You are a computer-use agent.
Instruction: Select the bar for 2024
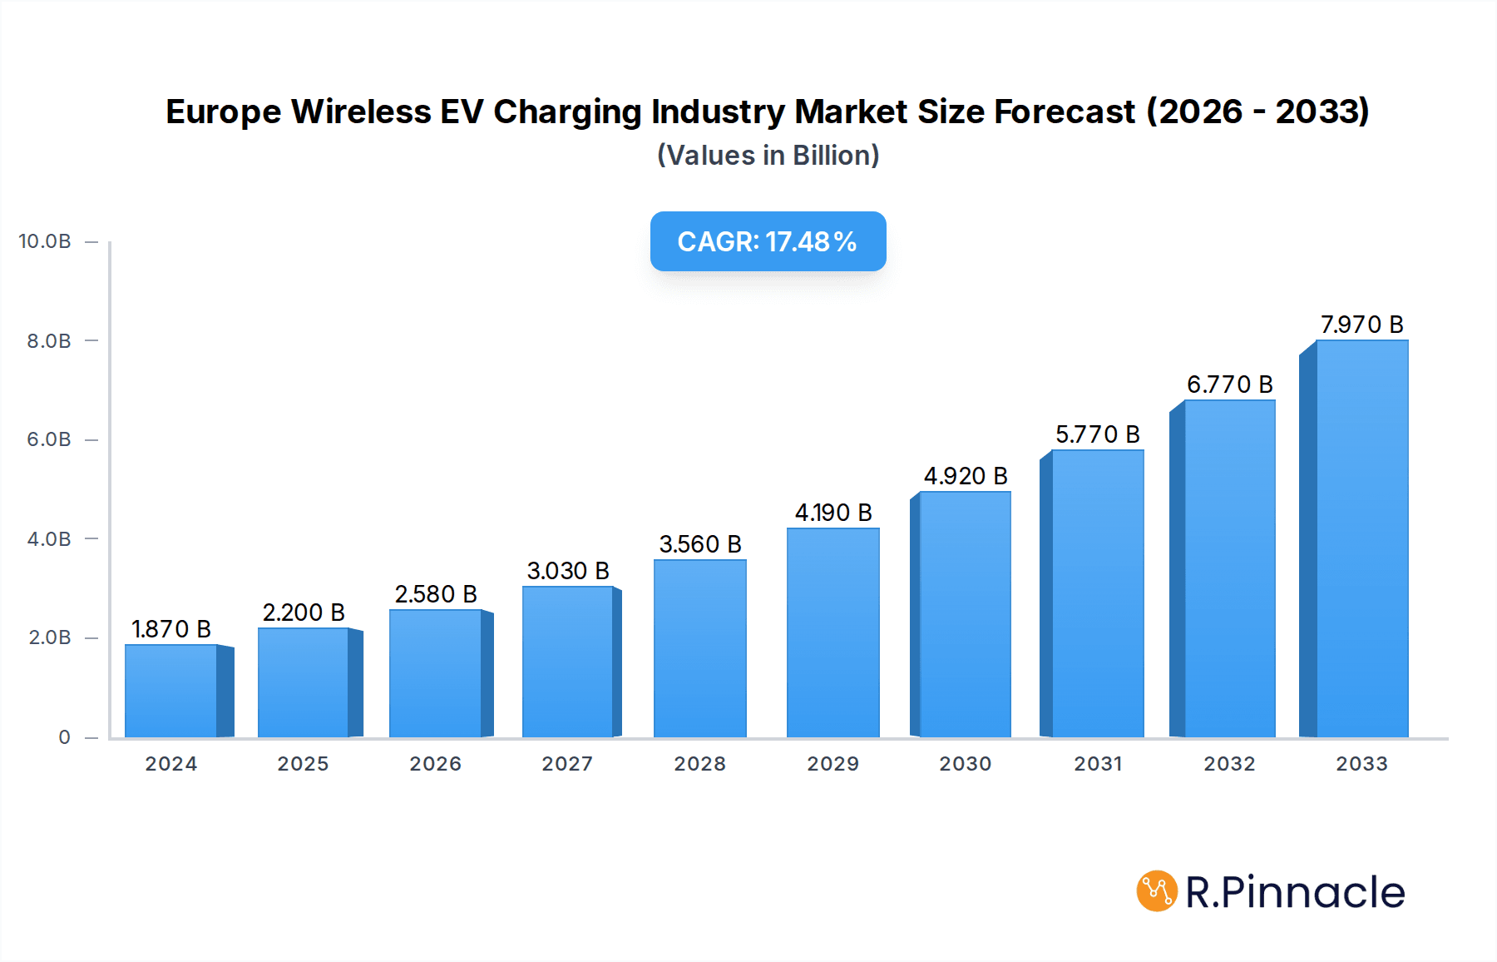coord(171,691)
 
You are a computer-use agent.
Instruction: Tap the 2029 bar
coord(832,632)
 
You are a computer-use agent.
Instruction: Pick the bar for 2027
coord(567,662)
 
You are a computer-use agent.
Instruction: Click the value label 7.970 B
coord(1361,325)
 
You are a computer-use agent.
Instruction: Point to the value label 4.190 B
coord(832,513)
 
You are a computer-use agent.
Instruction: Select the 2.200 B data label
coord(304,612)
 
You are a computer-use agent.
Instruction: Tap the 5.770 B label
coord(1097,434)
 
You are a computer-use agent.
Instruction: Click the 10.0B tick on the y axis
coord(45,241)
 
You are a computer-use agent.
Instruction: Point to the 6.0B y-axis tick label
coord(49,439)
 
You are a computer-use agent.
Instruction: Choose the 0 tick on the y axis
coord(64,737)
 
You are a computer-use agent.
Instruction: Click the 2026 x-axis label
coord(435,764)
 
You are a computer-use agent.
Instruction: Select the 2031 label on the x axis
coord(1097,764)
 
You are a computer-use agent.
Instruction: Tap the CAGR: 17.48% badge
coord(768,241)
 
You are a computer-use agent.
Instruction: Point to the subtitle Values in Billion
coord(768,156)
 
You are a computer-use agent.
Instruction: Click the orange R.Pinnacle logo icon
coord(1157,891)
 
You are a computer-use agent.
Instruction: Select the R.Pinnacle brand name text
coord(1295,892)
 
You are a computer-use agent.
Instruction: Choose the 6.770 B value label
coord(1229,384)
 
